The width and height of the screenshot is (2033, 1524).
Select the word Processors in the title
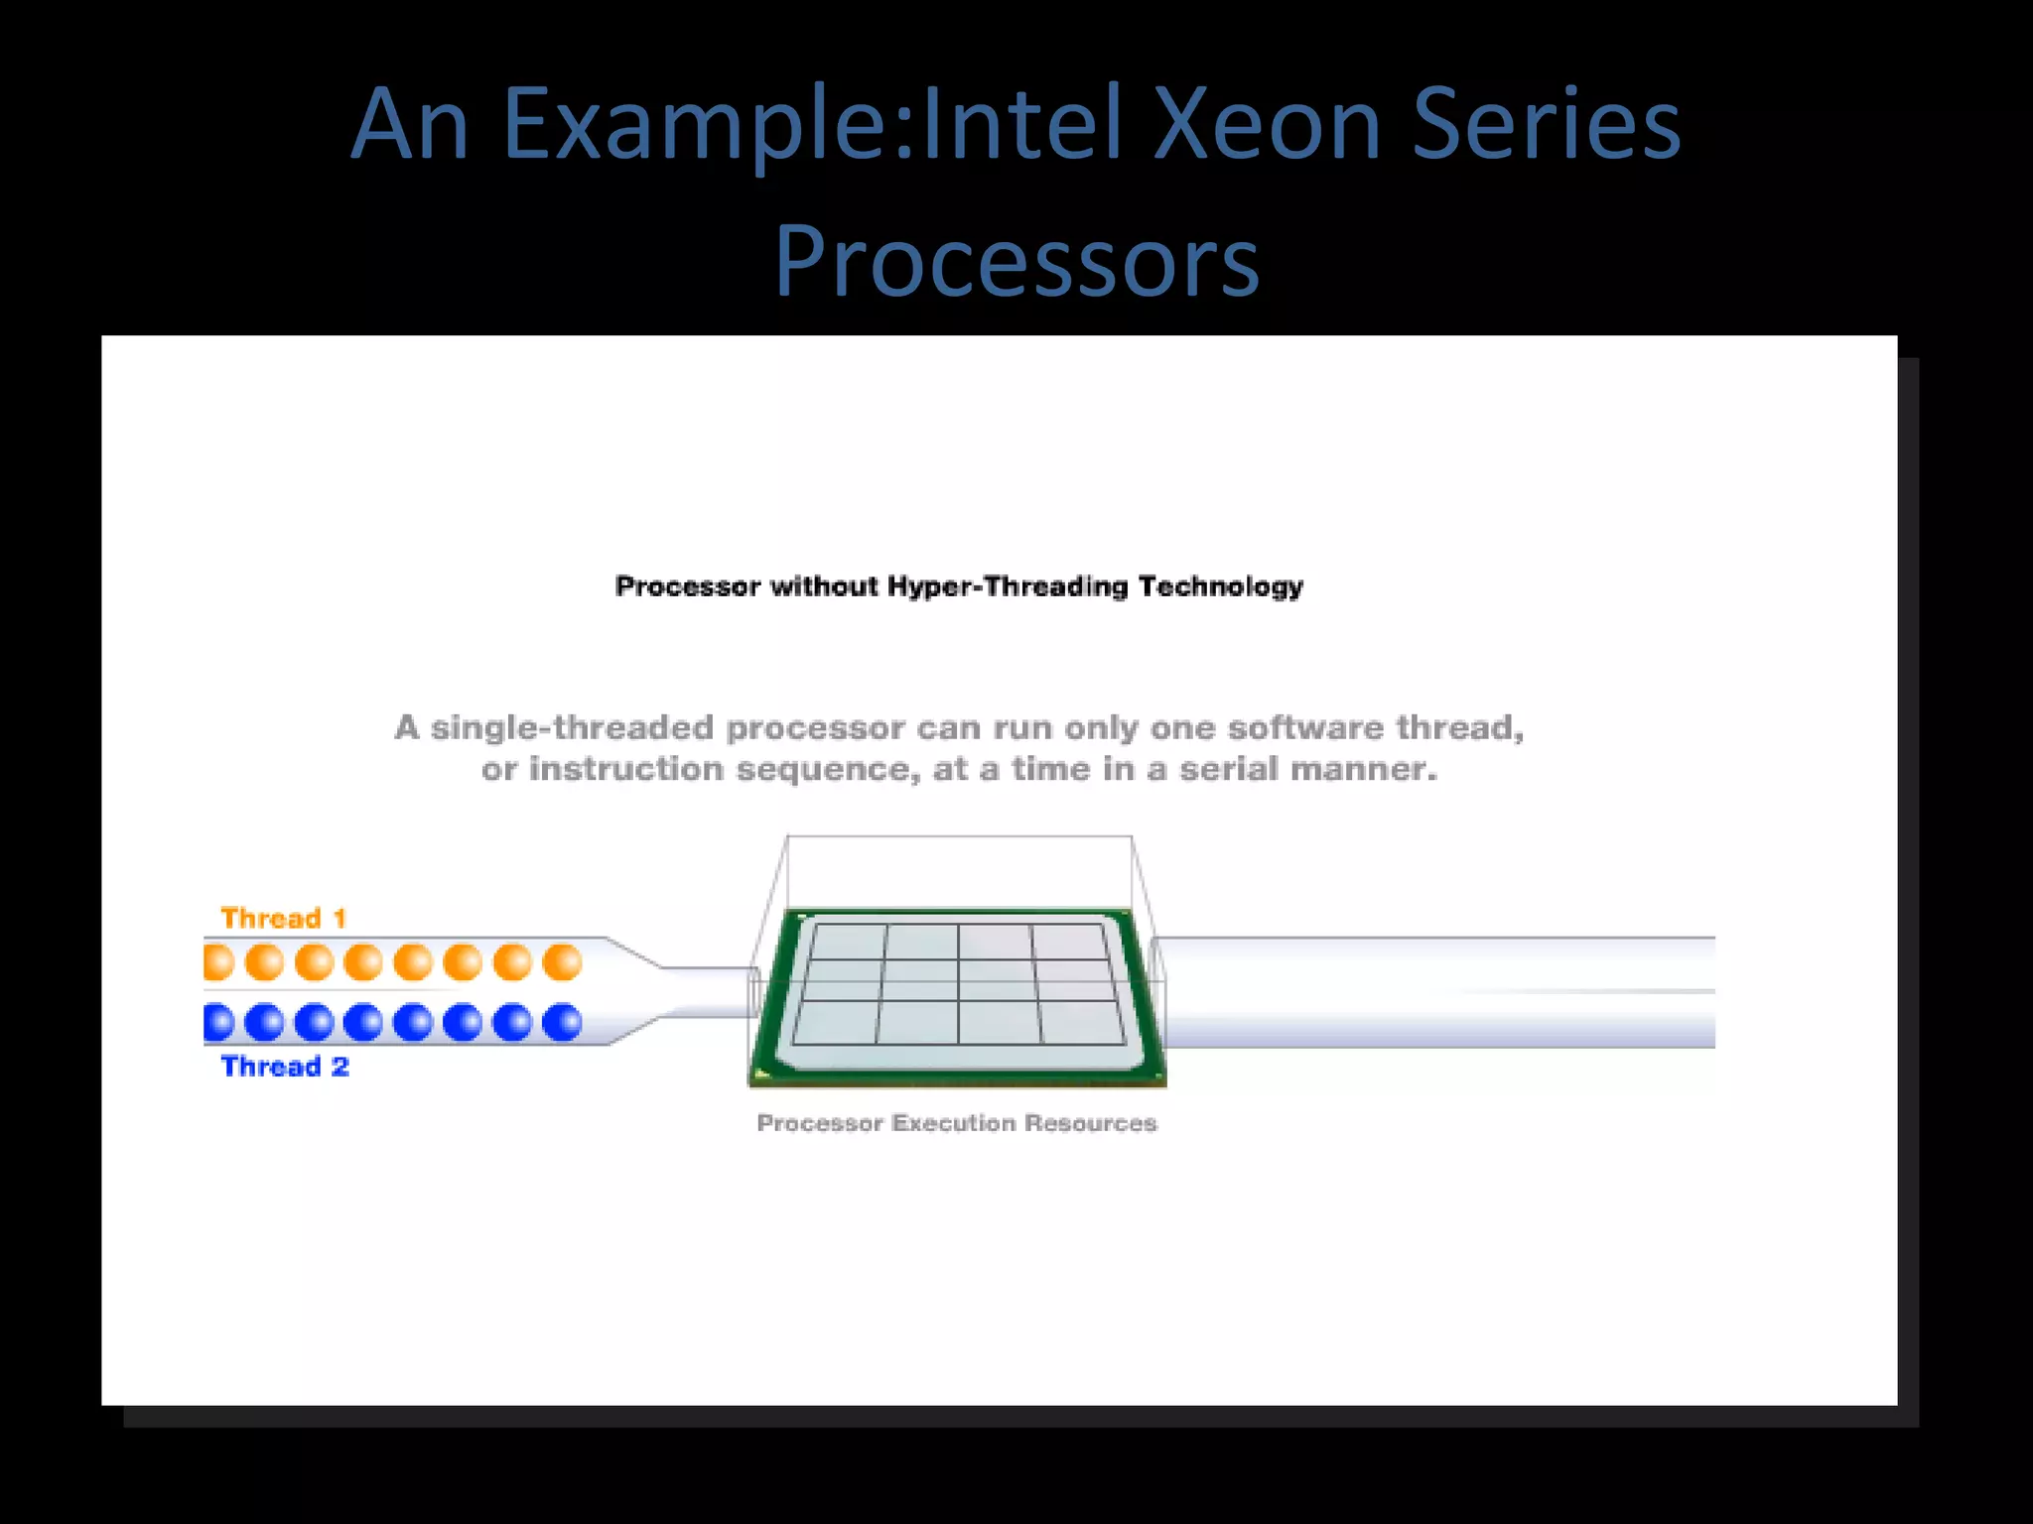point(1016,260)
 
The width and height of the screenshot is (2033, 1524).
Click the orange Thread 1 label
point(283,918)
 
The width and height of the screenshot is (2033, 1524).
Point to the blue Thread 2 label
point(285,1067)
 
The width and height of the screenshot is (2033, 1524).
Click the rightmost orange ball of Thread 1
point(562,961)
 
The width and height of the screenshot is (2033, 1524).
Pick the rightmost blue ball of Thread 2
point(562,1022)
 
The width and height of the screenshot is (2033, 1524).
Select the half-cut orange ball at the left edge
point(216,961)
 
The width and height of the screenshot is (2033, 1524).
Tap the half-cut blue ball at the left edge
point(216,1022)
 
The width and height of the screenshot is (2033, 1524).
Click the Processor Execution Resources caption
point(957,1123)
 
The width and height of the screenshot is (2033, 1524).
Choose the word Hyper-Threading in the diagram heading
point(1008,586)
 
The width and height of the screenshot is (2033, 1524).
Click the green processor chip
point(958,992)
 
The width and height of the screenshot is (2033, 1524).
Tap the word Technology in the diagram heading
point(1221,586)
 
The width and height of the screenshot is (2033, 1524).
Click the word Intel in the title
point(1022,123)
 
